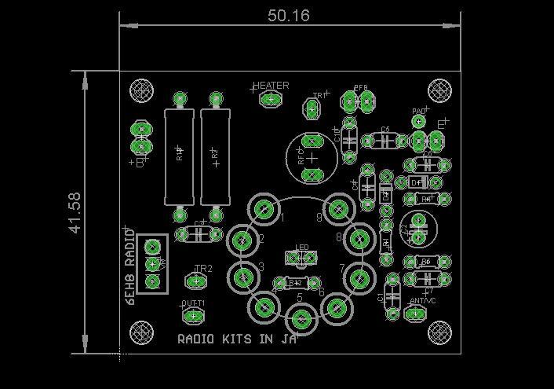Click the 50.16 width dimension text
coord(289,14)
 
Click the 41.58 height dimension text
coord(75,212)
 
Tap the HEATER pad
coord(271,99)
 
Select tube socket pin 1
coord(264,209)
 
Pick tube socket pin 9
coord(338,209)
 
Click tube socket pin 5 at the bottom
coord(301,320)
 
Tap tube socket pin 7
coord(360,277)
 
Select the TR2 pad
coord(195,281)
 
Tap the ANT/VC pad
coord(414,314)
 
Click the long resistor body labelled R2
coord(215,156)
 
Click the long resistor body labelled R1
coord(179,156)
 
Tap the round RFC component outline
coord(312,156)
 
